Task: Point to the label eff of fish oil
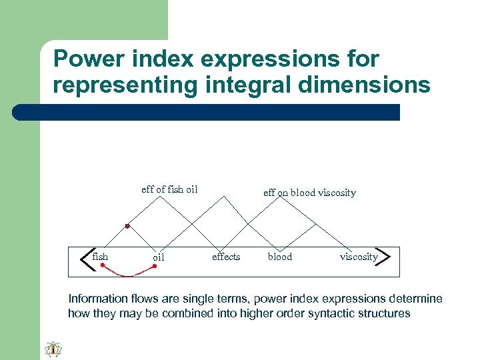pos(169,189)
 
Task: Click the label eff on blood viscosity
pos(309,193)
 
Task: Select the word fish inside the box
pos(101,257)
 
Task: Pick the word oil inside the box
pos(159,257)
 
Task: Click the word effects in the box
pos(226,257)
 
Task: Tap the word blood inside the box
pos(280,257)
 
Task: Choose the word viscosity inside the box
pos(359,257)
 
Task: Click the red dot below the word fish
pos(102,265)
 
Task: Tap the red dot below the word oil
pos(155,266)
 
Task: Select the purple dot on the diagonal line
pos(127,226)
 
